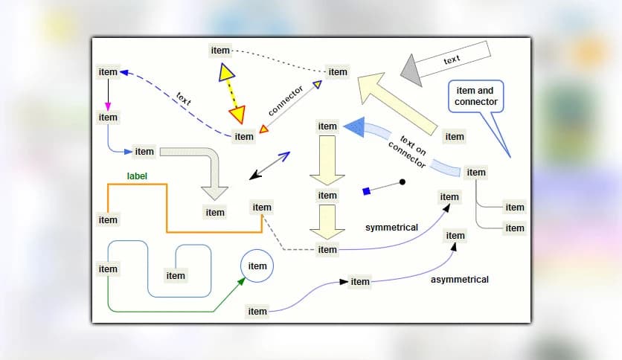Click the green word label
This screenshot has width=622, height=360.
(x=137, y=176)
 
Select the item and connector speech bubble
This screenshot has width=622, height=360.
(x=476, y=97)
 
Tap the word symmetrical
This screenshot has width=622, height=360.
(x=391, y=227)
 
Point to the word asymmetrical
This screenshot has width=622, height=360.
(x=460, y=280)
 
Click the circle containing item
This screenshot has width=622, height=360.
(x=257, y=266)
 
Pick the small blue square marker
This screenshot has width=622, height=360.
(x=366, y=191)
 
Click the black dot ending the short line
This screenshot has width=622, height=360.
(x=403, y=181)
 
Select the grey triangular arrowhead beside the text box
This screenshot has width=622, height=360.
(x=410, y=70)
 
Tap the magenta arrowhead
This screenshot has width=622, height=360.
(x=108, y=104)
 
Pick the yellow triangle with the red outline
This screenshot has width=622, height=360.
(x=237, y=114)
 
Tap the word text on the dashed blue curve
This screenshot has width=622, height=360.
(x=184, y=98)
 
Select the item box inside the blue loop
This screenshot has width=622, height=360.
(x=176, y=275)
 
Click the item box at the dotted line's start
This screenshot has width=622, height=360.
(x=220, y=50)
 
